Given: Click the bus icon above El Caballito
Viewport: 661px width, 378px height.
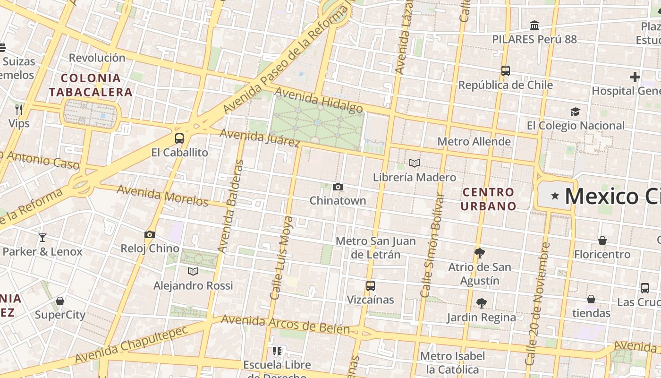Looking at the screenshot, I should [179, 138].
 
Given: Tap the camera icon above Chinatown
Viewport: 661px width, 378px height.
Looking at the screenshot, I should [338, 187].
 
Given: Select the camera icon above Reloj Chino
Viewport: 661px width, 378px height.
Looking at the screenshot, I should [150, 235].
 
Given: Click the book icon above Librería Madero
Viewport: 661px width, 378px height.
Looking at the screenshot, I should [415, 163].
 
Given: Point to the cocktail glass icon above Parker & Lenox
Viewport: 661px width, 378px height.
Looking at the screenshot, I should [42, 238].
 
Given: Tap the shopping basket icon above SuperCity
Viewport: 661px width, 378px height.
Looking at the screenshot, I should [60, 301].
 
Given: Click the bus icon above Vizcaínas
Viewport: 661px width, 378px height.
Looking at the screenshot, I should [371, 286].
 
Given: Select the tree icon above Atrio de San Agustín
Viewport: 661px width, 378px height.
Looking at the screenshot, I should [480, 253].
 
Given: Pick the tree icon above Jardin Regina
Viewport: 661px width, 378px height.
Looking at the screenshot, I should [482, 303].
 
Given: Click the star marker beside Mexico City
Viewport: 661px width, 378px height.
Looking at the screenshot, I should [555, 196].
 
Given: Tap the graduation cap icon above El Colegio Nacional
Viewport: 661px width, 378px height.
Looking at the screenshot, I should [575, 112].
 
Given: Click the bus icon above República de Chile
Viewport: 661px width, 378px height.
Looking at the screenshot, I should [506, 71].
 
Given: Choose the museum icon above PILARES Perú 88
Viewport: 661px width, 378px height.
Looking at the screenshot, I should [534, 26].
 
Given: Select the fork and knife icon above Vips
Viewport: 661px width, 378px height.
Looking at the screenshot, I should [19, 110].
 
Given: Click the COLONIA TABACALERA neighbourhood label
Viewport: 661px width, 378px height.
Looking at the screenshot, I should [91, 85].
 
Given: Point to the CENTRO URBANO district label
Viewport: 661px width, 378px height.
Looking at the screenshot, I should [488, 199].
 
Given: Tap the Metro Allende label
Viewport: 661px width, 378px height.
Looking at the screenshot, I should [474, 141].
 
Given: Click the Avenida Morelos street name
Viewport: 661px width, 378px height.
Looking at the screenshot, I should [162, 195].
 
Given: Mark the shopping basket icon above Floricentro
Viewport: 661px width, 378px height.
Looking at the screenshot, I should [602, 241].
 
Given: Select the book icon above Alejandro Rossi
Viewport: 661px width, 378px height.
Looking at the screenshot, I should [193, 271].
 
